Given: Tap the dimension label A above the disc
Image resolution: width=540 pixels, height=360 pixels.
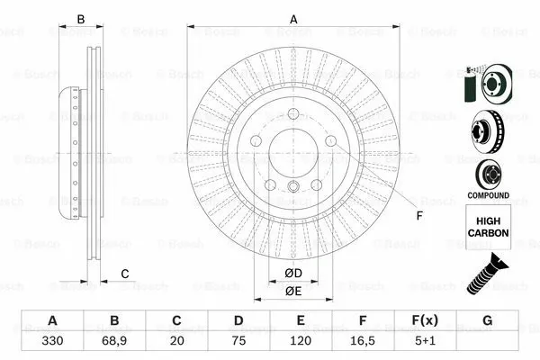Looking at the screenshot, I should [x=293, y=18].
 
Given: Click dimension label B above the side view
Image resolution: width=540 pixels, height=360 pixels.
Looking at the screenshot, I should [x=80, y=19].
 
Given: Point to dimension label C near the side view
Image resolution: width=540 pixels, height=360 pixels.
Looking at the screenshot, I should [x=126, y=274].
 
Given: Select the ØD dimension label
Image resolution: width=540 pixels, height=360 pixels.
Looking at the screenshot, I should [x=293, y=273].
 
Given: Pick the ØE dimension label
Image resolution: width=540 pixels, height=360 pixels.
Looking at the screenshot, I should [x=293, y=290].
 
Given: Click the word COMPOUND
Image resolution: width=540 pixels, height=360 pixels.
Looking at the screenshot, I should [x=488, y=195].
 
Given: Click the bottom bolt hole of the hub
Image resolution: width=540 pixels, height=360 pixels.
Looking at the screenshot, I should [x=293, y=186].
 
